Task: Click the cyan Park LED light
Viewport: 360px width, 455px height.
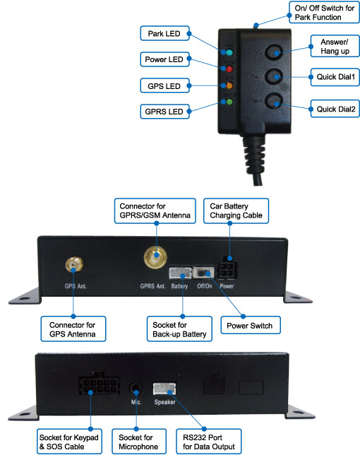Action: pyautogui.click(x=229, y=52)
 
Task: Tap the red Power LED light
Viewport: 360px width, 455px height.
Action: pyautogui.click(x=229, y=69)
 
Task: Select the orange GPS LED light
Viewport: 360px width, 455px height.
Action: pyautogui.click(x=229, y=85)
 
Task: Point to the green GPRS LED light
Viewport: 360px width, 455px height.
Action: pyautogui.click(x=229, y=102)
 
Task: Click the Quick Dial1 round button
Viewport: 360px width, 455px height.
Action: pyautogui.click(x=274, y=76)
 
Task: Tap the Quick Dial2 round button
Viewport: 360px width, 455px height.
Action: pyautogui.click(x=274, y=101)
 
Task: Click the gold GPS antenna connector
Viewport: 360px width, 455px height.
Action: pyautogui.click(x=74, y=264)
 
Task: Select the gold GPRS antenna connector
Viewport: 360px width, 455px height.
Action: pyautogui.click(x=155, y=257)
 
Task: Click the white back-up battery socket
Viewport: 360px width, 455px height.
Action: pyautogui.click(x=180, y=273)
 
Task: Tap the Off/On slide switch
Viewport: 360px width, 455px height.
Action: pyautogui.click(x=204, y=273)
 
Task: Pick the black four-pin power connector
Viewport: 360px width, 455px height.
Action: pyautogui.click(x=227, y=267)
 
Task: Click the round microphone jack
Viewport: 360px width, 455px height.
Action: pyautogui.click(x=136, y=389)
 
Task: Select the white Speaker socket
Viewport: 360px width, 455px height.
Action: pyautogui.click(x=164, y=389)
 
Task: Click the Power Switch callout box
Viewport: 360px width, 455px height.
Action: pyautogui.click(x=251, y=325)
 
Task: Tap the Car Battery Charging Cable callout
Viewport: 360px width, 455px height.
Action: pyautogui.click(x=236, y=211)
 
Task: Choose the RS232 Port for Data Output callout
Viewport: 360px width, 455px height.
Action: pyautogui.click(x=209, y=442)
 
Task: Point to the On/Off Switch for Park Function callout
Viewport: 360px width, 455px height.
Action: pyautogui.click(x=324, y=12)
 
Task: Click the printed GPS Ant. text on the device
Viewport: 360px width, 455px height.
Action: pyautogui.click(x=76, y=286)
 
